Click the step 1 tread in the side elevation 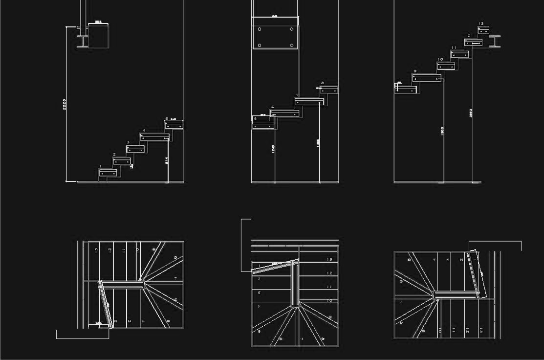(x=108, y=173)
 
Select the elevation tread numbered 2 (x=122, y=161)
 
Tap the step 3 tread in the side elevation (x=135, y=149)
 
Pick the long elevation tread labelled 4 (x=154, y=137)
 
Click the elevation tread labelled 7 (x=309, y=102)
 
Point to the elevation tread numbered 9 (x=427, y=78)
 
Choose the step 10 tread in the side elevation (x=446, y=66)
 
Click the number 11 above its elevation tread (x=454, y=47)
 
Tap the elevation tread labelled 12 (x=473, y=43)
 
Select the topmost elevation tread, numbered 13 (x=483, y=31)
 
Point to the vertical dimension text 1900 (x=442, y=131)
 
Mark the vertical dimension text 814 (x=167, y=159)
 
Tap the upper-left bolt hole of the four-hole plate (x=259, y=29)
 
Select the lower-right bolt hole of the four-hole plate (x=291, y=45)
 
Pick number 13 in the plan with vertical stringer (x=329, y=259)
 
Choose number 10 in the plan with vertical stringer (x=329, y=300)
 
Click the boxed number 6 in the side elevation (x=255, y=118)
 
